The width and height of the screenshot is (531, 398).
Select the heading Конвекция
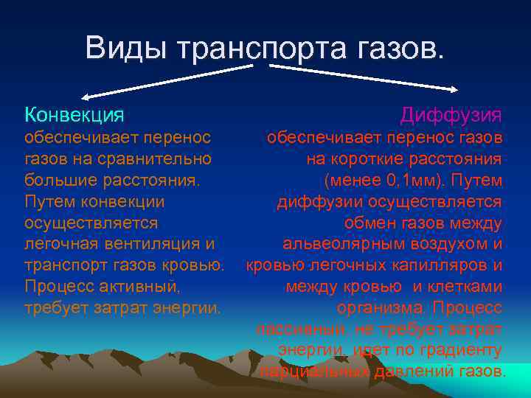tap(74, 115)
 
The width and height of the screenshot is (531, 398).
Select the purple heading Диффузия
tap(451, 115)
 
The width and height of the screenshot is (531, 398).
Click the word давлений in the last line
tap(410, 371)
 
